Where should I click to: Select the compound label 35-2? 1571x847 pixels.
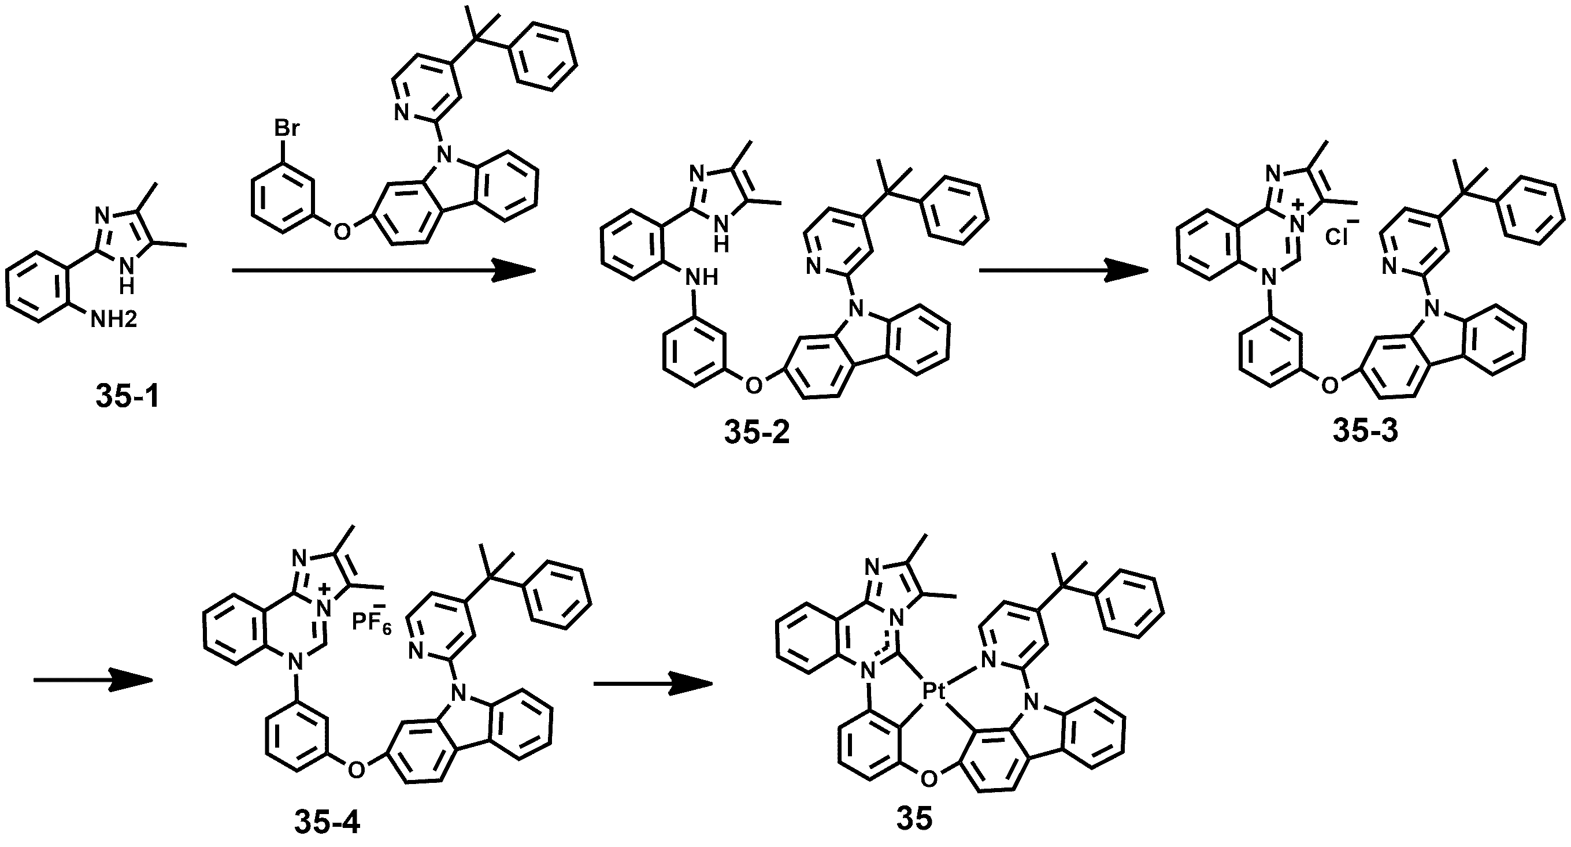click(757, 433)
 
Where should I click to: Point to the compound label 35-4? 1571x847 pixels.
click(328, 822)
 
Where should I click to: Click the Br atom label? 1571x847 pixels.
click(287, 129)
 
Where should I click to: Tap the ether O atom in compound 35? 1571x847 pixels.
click(928, 778)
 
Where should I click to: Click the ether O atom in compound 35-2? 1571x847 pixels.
click(754, 385)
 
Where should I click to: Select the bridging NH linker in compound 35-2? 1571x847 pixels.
click(701, 277)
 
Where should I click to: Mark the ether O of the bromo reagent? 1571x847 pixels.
click(343, 232)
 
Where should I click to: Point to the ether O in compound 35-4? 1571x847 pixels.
click(355, 770)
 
